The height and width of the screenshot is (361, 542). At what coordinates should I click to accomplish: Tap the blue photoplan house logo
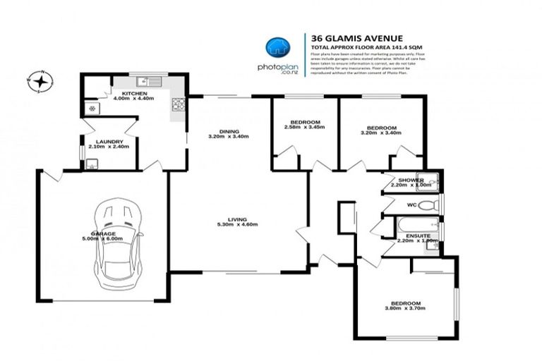[x=277, y=47]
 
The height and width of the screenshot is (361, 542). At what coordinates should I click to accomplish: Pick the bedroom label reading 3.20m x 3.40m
[x=378, y=129]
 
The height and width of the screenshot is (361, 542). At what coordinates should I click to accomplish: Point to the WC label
[x=411, y=206]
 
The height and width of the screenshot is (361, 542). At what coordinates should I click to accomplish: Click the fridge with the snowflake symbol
[x=91, y=108]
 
